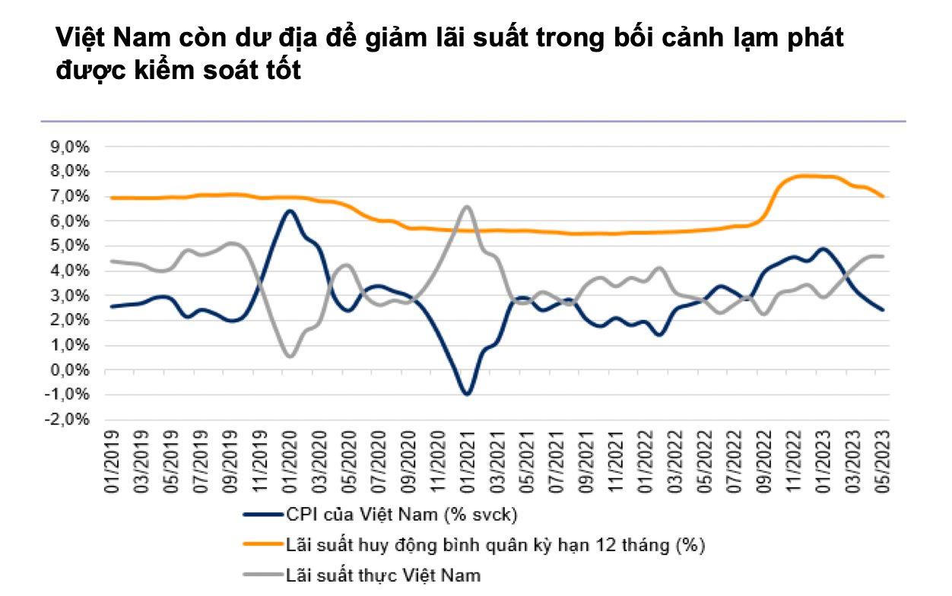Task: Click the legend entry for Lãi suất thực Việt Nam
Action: coord(383,574)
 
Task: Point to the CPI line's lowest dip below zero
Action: coord(467,394)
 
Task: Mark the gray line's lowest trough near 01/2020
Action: coord(290,356)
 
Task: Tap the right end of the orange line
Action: coord(883,196)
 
